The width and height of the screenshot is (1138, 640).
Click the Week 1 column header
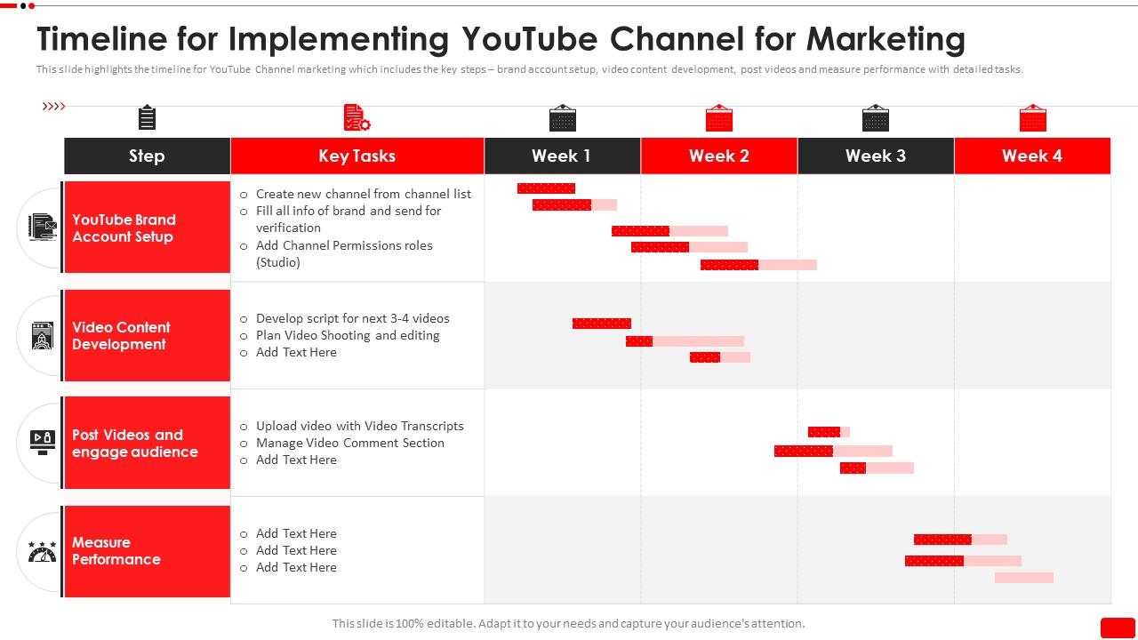pos(562,156)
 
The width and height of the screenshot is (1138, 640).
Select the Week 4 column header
pos(1032,156)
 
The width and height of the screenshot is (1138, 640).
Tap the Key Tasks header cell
pos(357,156)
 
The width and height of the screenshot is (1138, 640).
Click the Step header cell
pos(147,156)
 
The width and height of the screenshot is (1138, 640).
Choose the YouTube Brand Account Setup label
pos(124,228)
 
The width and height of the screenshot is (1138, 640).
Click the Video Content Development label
pos(121,335)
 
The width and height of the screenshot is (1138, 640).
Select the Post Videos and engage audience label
pos(135,443)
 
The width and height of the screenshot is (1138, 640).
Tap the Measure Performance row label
pos(116,550)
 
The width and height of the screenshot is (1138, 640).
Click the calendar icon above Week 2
pos(718,118)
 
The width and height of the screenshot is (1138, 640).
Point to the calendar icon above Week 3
pos(876,118)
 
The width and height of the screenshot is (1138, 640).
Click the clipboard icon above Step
pos(147,117)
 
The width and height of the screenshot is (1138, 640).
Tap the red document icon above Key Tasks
pos(357,117)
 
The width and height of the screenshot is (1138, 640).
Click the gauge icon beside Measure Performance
pos(42,551)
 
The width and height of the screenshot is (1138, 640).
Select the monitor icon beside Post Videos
pos(42,442)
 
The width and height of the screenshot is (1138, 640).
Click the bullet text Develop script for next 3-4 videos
pos(352,318)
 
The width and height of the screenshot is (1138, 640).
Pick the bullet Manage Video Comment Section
pos(349,443)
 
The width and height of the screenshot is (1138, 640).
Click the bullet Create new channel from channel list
pos(363,194)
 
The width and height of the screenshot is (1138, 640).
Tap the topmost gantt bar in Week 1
pos(546,188)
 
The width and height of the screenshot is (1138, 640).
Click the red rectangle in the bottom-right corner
pos(1118,628)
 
